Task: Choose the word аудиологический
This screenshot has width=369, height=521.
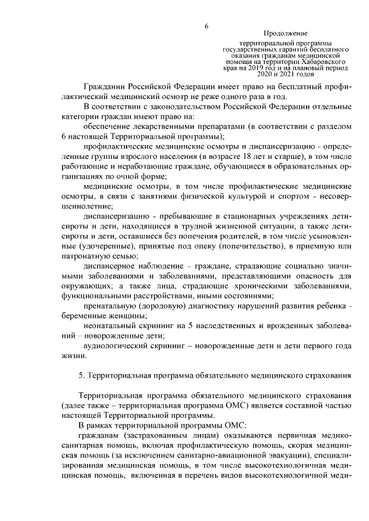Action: (115, 346)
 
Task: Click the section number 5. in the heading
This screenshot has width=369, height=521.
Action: (82, 375)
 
